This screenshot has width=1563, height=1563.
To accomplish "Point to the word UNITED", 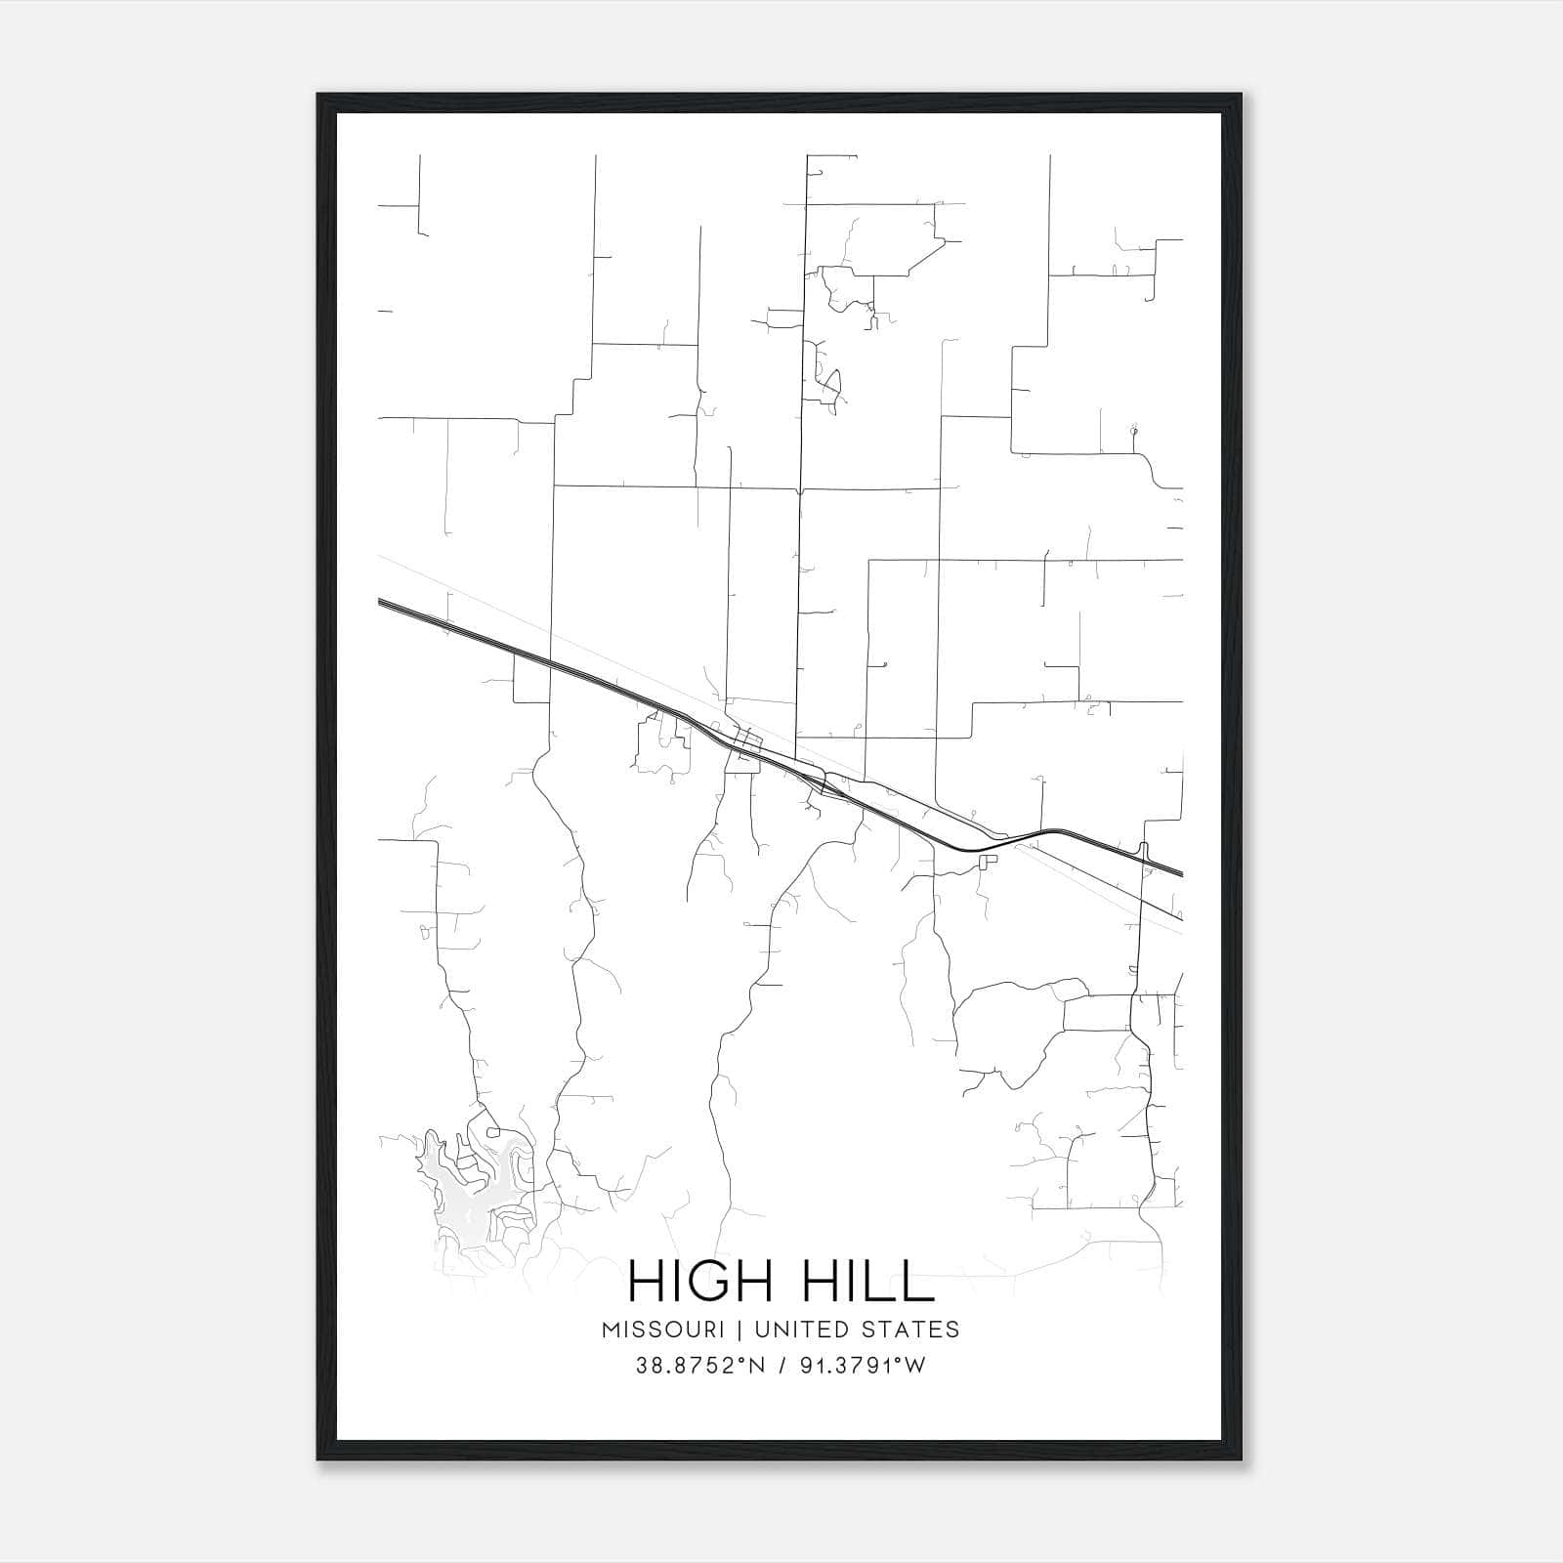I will click(792, 1330).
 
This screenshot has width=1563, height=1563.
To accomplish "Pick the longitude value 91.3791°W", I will click(861, 1366).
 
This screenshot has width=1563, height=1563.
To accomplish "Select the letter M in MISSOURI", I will click(612, 1330).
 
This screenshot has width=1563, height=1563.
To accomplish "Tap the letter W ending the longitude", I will click(915, 1366).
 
